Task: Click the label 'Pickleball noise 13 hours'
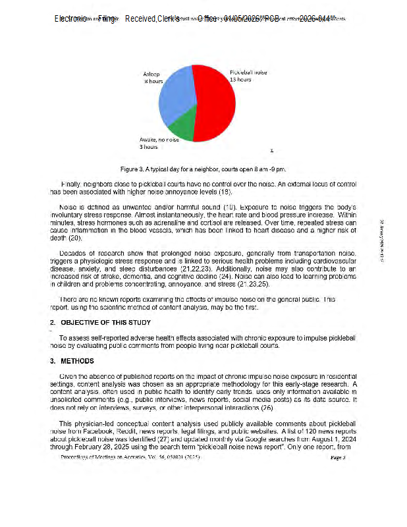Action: click(248, 75)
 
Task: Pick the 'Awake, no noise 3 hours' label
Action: click(159, 143)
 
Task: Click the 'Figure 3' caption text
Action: click(203, 168)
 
